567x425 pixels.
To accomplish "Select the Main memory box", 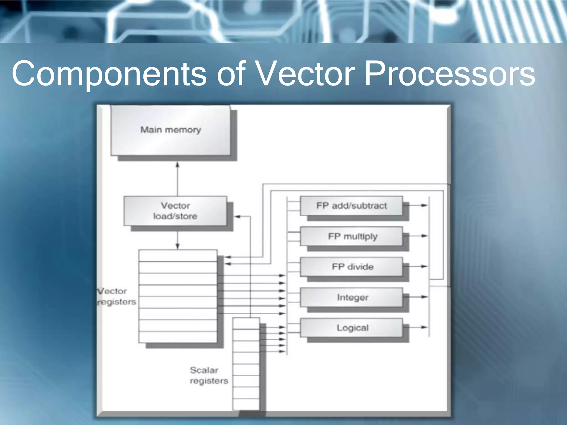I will tap(170, 130).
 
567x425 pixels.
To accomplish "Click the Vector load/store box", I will tap(175, 211).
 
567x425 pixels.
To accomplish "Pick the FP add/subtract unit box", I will tap(351, 206).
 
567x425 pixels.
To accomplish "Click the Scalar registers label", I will tap(208, 375).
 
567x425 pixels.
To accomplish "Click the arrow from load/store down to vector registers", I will tap(177, 246).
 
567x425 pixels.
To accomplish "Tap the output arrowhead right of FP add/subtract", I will tap(424, 205).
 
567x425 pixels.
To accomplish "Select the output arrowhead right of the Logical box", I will tap(424, 327).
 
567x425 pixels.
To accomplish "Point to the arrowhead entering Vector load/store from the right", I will tap(238, 216).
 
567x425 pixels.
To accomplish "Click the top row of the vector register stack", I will tap(178, 256).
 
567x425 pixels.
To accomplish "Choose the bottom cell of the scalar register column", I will tap(246, 404).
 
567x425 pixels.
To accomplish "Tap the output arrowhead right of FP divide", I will tap(424, 266).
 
